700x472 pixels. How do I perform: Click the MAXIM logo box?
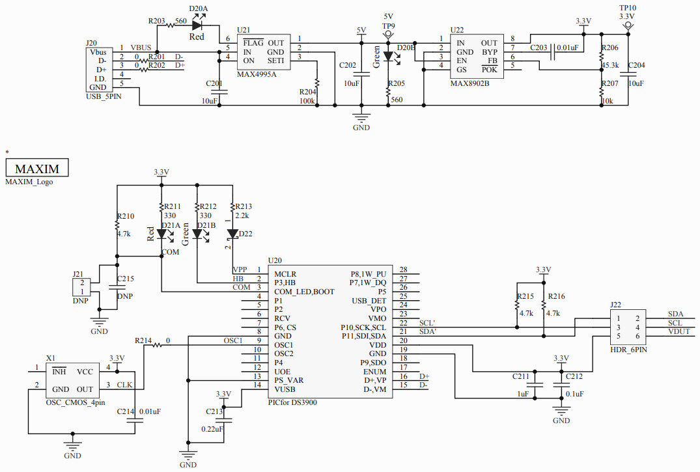click(37, 168)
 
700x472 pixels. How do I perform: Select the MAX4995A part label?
click(257, 74)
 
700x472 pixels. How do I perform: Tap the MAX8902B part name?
click(469, 83)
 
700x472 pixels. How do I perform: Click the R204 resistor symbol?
click(317, 84)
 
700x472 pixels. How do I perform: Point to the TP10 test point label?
click(628, 7)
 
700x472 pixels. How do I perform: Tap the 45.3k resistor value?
click(610, 65)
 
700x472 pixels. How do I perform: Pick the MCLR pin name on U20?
click(285, 274)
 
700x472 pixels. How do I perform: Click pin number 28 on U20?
click(403, 270)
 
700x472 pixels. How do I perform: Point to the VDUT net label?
click(675, 331)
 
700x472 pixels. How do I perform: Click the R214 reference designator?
click(143, 340)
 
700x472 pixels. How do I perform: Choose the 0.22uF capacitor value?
click(213, 429)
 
